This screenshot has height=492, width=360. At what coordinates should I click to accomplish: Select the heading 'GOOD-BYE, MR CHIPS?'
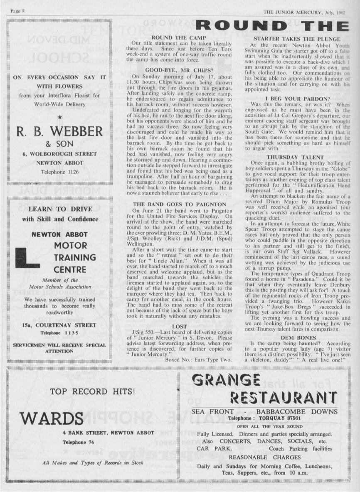point(180,71)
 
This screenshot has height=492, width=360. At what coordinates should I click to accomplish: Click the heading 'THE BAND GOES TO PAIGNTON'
point(180,204)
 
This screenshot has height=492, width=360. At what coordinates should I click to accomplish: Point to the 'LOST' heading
point(180,327)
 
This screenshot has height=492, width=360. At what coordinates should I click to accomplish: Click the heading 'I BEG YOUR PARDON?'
point(296,98)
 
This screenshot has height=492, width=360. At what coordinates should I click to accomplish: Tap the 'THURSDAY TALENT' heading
point(295,157)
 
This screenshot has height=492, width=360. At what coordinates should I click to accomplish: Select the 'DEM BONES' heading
point(298,338)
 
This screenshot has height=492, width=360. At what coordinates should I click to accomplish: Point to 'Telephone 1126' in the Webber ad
point(59,171)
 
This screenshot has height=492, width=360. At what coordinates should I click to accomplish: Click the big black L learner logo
point(27,258)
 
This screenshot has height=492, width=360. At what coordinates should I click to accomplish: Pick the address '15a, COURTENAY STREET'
point(59,325)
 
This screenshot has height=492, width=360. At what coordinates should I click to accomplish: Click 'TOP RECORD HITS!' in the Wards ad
point(92,391)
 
